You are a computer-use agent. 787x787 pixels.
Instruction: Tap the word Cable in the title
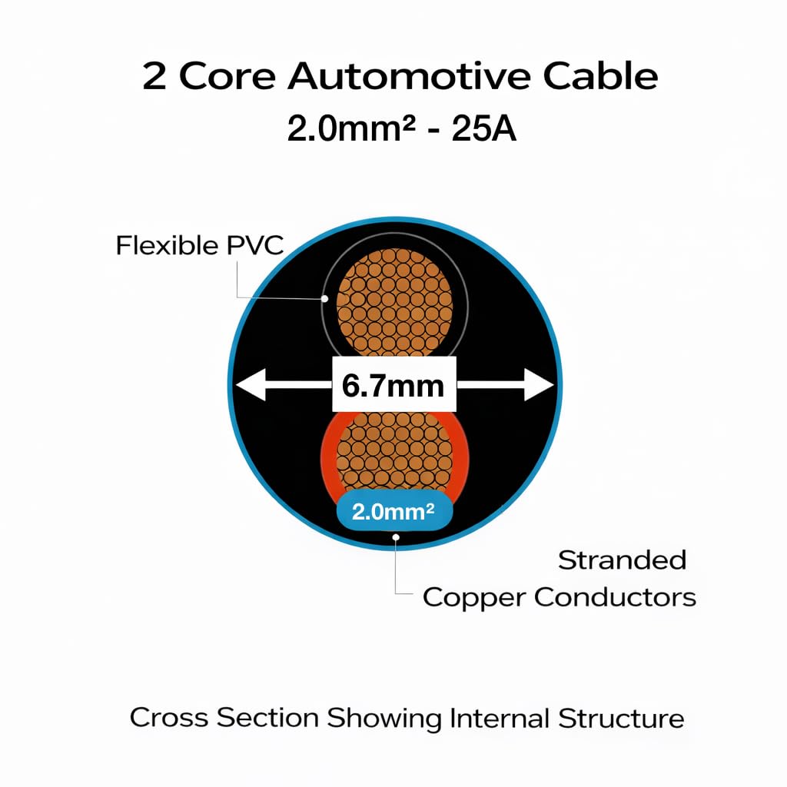tap(600, 78)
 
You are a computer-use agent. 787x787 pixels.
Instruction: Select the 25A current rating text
tap(483, 128)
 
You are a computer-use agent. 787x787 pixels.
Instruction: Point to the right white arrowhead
tap(539, 385)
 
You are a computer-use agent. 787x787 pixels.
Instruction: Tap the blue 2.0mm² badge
tap(393, 512)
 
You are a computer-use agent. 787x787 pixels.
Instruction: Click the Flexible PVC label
tap(200, 246)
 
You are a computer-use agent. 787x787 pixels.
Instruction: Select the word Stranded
tap(622, 560)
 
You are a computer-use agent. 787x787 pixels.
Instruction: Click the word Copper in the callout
tap(473, 597)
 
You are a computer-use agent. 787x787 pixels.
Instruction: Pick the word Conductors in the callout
tap(615, 597)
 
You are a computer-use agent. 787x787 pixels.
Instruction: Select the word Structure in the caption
tap(621, 719)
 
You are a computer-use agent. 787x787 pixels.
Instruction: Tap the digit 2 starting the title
tap(154, 78)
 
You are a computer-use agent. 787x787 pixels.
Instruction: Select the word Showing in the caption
tap(384, 719)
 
